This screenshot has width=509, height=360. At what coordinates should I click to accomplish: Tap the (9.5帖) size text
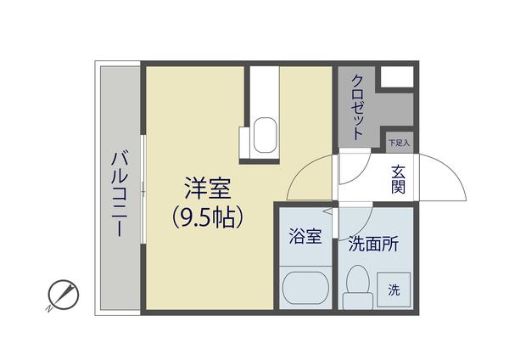208,217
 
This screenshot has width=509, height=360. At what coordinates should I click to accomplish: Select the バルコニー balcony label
120,194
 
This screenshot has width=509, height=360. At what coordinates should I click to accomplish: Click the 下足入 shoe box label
399,143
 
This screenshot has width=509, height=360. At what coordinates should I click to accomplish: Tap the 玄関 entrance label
398,179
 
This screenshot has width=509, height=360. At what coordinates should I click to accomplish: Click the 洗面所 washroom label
373,242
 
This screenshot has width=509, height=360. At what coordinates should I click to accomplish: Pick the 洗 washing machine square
394,289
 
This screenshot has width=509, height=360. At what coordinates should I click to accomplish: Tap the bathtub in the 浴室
305,289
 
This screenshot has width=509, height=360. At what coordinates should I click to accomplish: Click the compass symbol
63,294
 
